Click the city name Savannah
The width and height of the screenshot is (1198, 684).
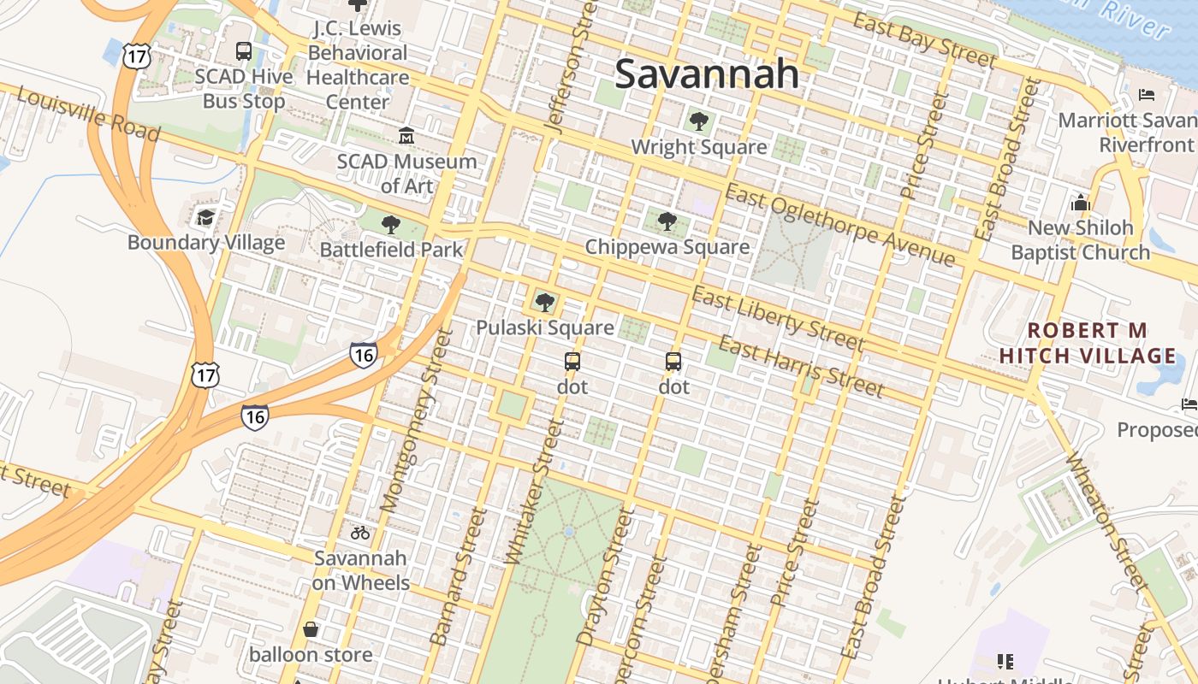coord(707,74)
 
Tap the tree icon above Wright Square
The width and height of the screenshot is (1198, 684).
coord(698,121)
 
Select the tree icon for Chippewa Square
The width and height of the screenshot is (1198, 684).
coord(667,221)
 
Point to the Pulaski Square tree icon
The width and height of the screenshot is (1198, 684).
coord(544,302)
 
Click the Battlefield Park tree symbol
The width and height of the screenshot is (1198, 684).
coord(391,225)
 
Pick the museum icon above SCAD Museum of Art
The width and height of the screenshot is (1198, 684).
coord(406,136)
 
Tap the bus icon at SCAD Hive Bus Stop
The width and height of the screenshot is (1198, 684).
coord(244,51)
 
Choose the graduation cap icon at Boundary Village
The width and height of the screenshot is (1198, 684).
coord(205,217)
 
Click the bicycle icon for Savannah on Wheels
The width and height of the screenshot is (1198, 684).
coord(360,533)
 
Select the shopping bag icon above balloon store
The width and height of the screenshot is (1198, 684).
coord(311,630)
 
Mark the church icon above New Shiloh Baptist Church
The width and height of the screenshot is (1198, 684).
coord(1080,203)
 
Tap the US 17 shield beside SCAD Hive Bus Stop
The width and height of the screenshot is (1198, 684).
coord(137,56)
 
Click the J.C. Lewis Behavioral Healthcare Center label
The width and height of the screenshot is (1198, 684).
coord(358,64)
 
